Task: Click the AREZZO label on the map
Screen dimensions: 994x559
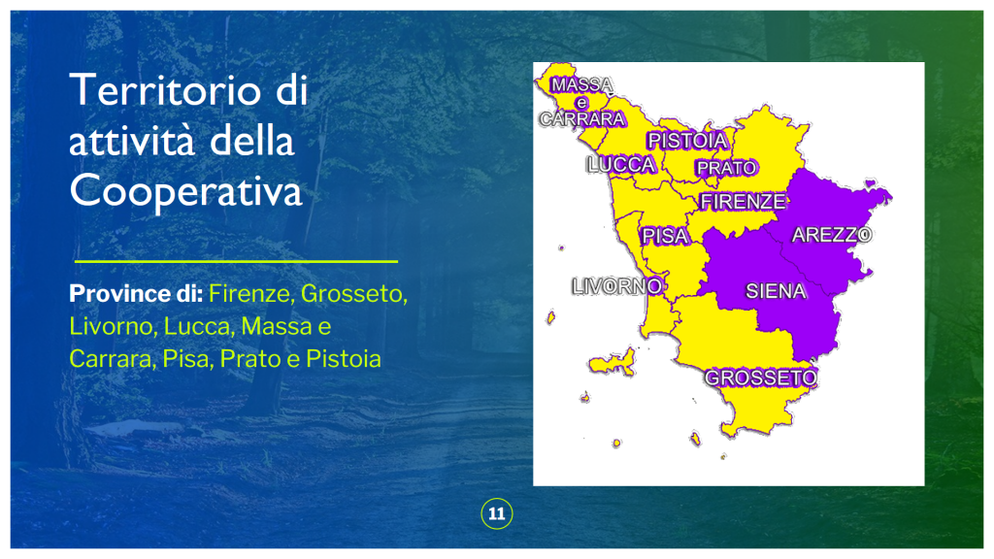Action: pyautogui.click(x=832, y=235)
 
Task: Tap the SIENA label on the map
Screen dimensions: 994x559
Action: pyautogui.click(x=776, y=291)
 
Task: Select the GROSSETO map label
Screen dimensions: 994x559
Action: pyautogui.click(x=761, y=378)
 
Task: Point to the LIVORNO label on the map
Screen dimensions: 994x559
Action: pyautogui.click(x=617, y=286)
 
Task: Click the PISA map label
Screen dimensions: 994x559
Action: pyautogui.click(x=664, y=237)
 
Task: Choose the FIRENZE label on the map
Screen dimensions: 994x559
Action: pyautogui.click(x=743, y=202)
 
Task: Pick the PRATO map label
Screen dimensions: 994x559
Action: pyautogui.click(x=726, y=168)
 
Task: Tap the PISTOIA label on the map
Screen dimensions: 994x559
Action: pyautogui.click(x=688, y=141)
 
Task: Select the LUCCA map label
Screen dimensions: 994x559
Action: pyautogui.click(x=621, y=165)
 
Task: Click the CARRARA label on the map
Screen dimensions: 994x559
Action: pyautogui.click(x=582, y=119)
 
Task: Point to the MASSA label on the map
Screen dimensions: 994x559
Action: pyautogui.click(x=582, y=85)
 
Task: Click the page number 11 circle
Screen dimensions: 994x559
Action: pyautogui.click(x=497, y=514)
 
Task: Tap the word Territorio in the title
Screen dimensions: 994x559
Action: pyautogui.click(x=165, y=90)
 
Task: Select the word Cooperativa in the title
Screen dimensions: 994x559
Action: pyautogui.click(x=185, y=191)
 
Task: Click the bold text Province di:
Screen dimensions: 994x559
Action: pyautogui.click(x=136, y=293)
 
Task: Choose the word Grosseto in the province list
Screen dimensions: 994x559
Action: pyautogui.click(x=353, y=293)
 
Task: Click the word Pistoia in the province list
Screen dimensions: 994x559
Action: pyautogui.click(x=344, y=359)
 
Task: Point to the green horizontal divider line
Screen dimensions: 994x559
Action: pyautogui.click(x=236, y=261)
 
